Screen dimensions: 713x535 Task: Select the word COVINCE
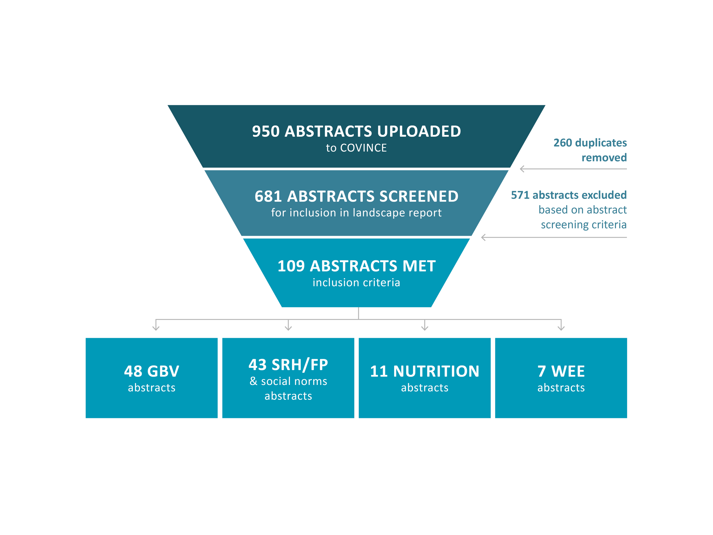(x=363, y=148)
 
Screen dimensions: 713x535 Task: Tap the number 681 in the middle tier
(x=268, y=196)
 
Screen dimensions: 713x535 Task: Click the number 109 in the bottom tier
(x=291, y=267)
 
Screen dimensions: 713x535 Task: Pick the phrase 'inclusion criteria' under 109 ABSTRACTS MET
(x=356, y=283)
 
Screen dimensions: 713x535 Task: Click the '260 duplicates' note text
(x=590, y=143)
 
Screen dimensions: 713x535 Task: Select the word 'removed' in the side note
(x=604, y=158)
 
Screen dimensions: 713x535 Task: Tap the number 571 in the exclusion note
(x=520, y=195)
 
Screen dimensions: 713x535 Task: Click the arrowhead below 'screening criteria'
(x=483, y=238)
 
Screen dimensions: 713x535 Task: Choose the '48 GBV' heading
(x=151, y=371)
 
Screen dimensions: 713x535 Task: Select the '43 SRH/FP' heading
(x=288, y=365)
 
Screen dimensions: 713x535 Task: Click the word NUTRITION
(x=436, y=371)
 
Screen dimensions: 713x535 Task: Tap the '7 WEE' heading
(x=561, y=371)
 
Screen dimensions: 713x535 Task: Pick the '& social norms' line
(x=288, y=381)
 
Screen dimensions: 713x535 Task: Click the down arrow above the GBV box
(x=156, y=328)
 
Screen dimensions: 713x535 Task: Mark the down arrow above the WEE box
(x=561, y=328)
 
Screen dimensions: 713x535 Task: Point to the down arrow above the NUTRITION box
(x=425, y=328)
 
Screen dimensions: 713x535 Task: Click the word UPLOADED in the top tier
(x=419, y=132)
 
